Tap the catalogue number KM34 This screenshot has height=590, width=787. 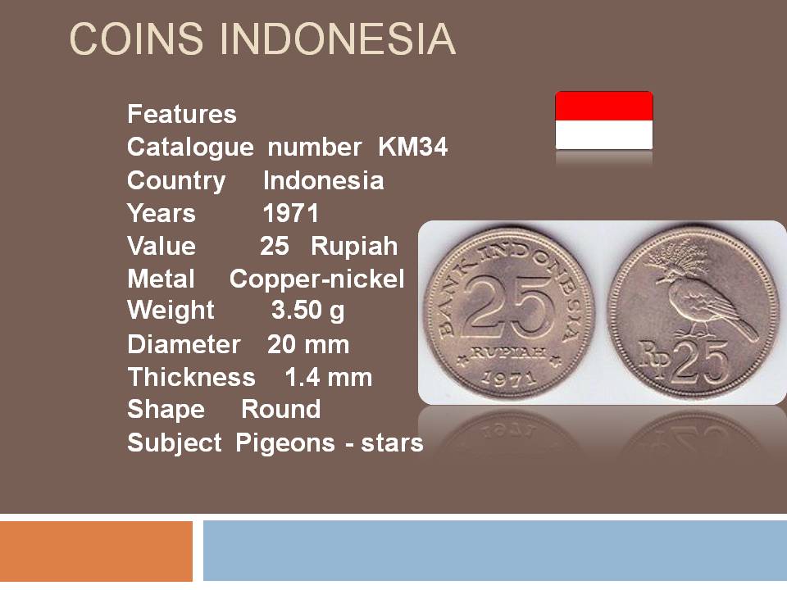tap(412, 147)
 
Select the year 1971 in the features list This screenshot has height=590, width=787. tap(290, 213)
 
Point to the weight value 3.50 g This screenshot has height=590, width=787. tap(307, 311)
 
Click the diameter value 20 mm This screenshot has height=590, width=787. tap(308, 345)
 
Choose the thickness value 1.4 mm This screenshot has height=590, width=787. tap(328, 377)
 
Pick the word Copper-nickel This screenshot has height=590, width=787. tap(316, 279)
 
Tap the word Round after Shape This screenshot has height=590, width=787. tap(280, 410)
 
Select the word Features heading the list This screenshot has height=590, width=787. tap(182, 114)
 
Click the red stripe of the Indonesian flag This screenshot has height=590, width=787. tap(604, 106)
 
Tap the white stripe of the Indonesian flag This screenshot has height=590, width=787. tap(604, 134)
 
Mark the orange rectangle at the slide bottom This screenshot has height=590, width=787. tap(96, 551)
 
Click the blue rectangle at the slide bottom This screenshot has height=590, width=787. tap(495, 551)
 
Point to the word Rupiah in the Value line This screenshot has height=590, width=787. tap(354, 247)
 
